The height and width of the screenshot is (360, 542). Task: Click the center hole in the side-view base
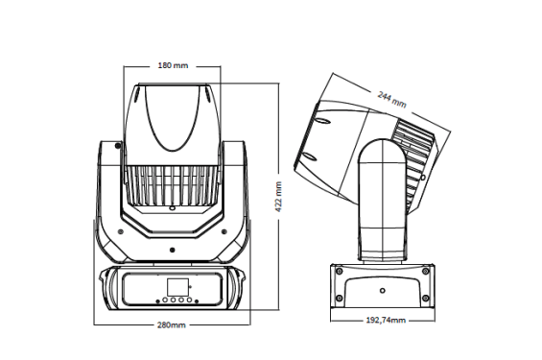[x=382, y=290]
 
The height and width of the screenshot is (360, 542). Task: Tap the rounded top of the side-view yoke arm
[x=381, y=149]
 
